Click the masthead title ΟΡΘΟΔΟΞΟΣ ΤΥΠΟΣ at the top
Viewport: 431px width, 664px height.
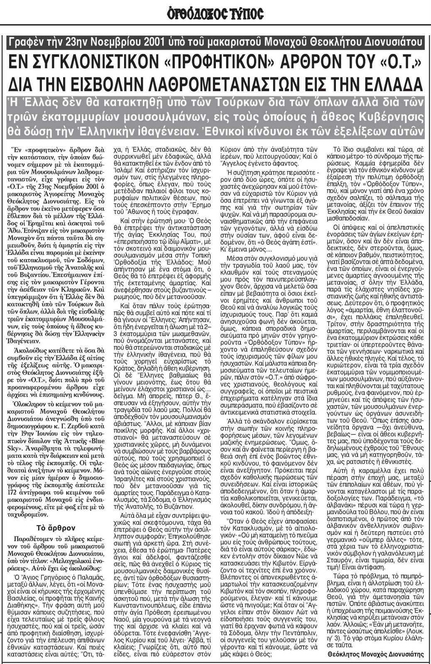(215, 14)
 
